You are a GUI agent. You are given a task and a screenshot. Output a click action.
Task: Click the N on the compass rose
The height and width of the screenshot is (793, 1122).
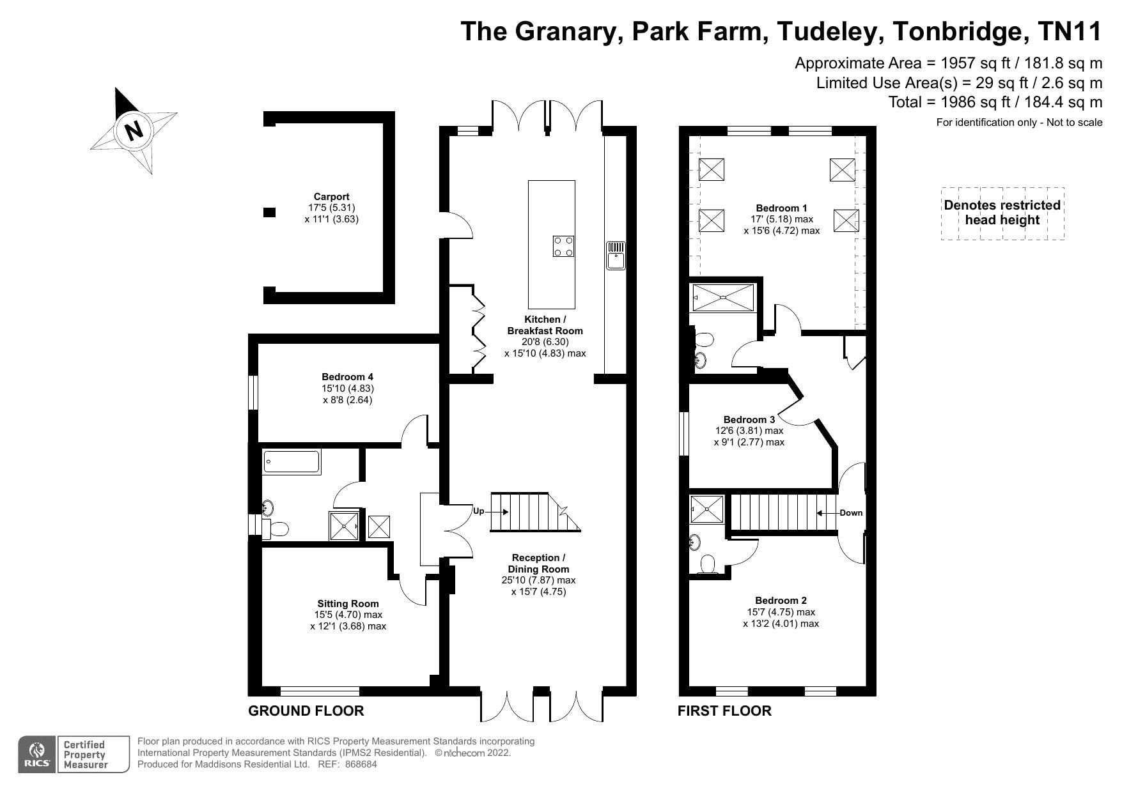pyautogui.click(x=134, y=131)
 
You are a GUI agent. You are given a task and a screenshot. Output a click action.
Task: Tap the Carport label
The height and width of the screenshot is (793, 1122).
pyautogui.click(x=331, y=197)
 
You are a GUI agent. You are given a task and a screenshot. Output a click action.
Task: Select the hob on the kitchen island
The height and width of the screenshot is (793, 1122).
pyautogui.click(x=563, y=246)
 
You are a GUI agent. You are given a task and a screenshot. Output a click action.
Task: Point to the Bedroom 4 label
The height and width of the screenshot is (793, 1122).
pyautogui.click(x=347, y=377)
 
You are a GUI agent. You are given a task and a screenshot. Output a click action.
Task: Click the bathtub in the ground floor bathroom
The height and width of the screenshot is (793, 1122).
pyautogui.click(x=292, y=462)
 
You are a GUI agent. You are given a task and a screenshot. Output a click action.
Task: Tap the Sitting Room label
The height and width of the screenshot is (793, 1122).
pyautogui.click(x=348, y=603)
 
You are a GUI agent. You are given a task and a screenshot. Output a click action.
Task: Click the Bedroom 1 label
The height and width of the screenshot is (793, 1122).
pyautogui.click(x=781, y=208)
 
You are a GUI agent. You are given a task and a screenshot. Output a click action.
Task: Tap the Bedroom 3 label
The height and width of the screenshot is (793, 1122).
pyautogui.click(x=749, y=420)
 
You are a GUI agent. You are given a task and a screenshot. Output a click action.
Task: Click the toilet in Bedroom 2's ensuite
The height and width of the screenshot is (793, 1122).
pyautogui.click(x=708, y=565)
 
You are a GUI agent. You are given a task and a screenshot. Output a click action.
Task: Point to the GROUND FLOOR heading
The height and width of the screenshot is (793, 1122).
pyautogui.click(x=306, y=711)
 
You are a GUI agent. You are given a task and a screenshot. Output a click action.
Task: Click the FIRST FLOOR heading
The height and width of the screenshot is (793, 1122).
pyautogui.click(x=724, y=711)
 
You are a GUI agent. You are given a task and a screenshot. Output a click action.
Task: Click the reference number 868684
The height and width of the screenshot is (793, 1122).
pyautogui.click(x=361, y=764)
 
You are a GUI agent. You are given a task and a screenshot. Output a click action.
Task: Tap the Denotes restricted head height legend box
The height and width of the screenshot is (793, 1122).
pyautogui.click(x=1002, y=213)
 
